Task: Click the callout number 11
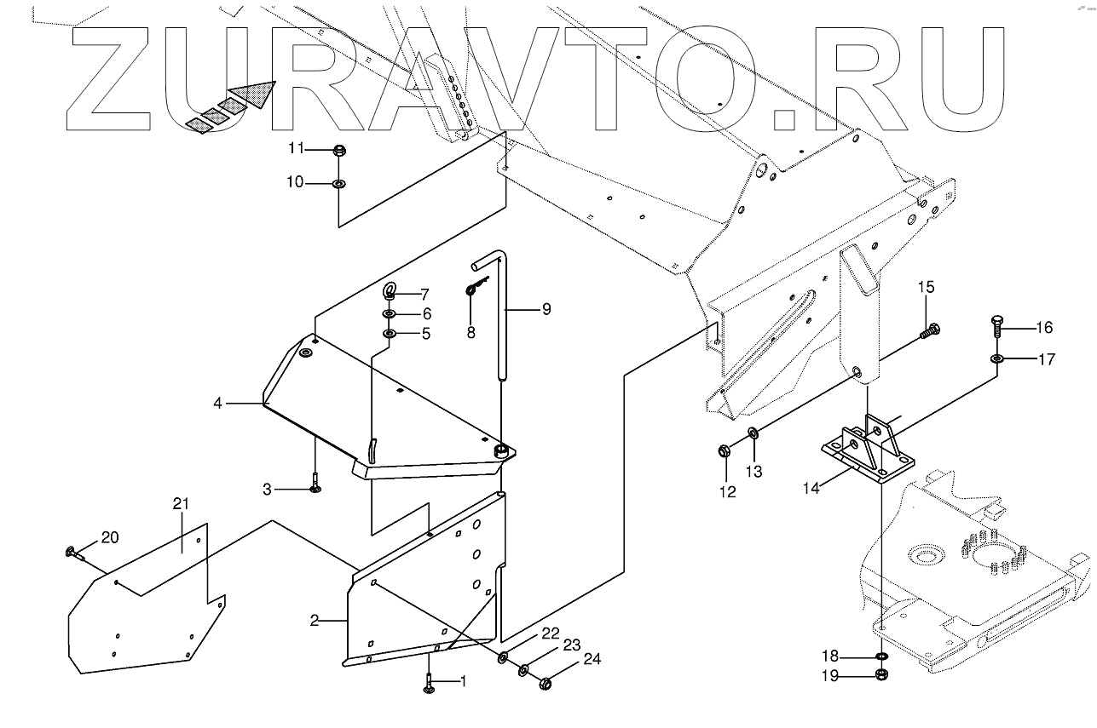pos(295,148)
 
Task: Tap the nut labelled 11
pos(338,152)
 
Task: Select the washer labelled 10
pos(338,183)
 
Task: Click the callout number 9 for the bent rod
pos(546,308)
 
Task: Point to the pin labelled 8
pos(471,290)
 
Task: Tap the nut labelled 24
pos(546,682)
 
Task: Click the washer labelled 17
pos(997,359)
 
